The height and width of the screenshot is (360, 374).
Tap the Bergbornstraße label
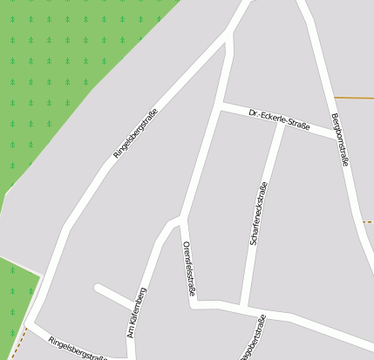tap(342, 139)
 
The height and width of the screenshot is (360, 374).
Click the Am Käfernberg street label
tap(137, 312)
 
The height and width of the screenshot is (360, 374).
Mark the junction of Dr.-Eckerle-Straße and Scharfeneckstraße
tap(282, 123)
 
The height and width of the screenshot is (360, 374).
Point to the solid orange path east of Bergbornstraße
tap(353, 98)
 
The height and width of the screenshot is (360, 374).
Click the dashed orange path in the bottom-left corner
tap(19, 339)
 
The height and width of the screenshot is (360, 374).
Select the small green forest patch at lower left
tap(16, 292)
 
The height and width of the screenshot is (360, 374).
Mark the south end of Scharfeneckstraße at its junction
tap(246, 308)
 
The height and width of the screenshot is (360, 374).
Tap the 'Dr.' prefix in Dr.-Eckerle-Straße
tap(254, 112)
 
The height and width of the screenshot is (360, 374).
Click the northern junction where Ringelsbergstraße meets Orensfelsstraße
tap(230, 34)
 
